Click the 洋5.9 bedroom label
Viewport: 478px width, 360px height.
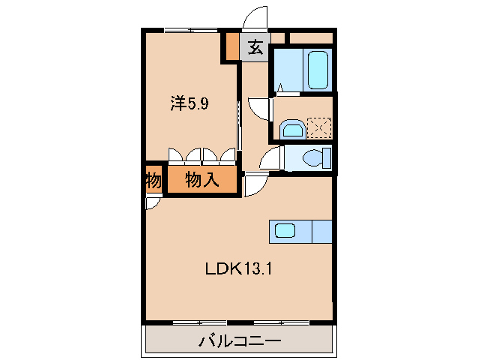[190, 104]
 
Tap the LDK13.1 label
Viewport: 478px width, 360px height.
[239, 268]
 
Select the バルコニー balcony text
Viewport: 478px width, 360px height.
[239, 342]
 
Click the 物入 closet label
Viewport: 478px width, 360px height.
[202, 180]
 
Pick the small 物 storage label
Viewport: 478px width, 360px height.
[153, 181]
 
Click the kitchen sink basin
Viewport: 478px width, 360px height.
[286, 231]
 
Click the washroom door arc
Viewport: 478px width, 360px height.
[259, 109]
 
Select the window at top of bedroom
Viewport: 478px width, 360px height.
[192, 30]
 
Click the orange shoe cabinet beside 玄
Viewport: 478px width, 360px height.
[232, 47]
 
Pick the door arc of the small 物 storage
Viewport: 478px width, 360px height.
[151, 203]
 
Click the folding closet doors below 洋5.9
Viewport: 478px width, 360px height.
[202, 156]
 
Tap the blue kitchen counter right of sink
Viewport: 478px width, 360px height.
[321, 231]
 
